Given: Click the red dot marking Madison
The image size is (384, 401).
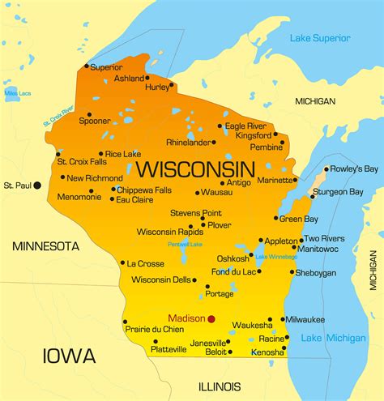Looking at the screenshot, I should pyautogui.click(x=211, y=318).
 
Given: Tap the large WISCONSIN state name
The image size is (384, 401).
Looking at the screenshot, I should pyautogui.click(x=194, y=169).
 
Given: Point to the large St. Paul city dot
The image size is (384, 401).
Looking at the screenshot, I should pyautogui.click(x=36, y=186).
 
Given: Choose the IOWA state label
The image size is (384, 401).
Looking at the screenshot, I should pyautogui.click(x=68, y=355).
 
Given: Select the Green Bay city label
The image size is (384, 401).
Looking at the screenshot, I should pyautogui.click(x=299, y=218).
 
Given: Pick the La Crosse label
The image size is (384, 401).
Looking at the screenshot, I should pyautogui.click(x=146, y=263).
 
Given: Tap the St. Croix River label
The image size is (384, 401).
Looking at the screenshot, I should pyautogui.click(x=58, y=116).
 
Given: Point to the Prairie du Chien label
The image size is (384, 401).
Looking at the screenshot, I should pyautogui.click(x=154, y=328).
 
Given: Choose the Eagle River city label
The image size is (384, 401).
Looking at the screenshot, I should pyautogui.click(x=246, y=126).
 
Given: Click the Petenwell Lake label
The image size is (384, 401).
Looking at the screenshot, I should pyautogui.click(x=183, y=244).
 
